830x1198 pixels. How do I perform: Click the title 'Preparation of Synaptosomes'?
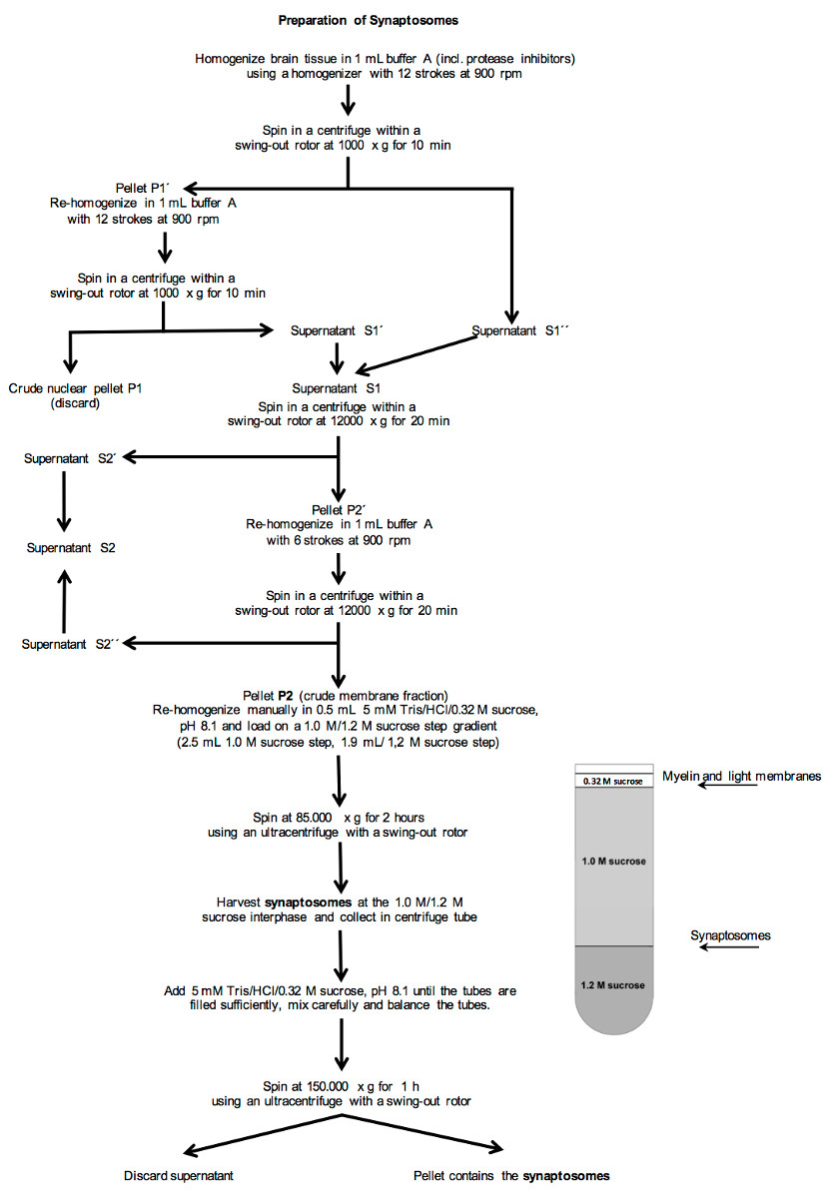(x=369, y=20)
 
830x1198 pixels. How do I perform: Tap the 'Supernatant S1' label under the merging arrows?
(x=336, y=388)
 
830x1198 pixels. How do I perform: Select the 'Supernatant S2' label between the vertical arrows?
(x=71, y=548)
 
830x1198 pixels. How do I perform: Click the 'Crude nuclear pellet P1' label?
(x=75, y=388)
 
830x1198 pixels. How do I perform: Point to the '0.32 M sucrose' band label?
(x=612, y=782)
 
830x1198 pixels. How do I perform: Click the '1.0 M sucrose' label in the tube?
(x=614, y=861)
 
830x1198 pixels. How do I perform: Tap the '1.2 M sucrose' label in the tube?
(x=612, y=985)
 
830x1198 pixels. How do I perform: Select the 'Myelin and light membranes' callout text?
(x=741, y=776)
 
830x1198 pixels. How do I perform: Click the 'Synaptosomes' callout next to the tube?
(x=730, y=935)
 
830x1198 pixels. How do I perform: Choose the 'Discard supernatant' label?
(x=178, y=1176)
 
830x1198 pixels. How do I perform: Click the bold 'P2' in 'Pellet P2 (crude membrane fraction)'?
(x=286, y=696)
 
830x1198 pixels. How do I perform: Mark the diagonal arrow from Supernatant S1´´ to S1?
(x=415, y=354)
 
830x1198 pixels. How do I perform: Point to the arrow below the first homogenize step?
(x=348, y=100)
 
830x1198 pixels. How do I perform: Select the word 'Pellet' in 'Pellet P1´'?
(x=132, y=189)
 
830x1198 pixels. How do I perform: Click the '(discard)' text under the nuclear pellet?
(x=75, y=403)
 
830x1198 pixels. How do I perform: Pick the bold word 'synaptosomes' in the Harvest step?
(x=309, y=902)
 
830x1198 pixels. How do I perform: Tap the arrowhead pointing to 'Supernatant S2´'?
(x=129, y=457)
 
